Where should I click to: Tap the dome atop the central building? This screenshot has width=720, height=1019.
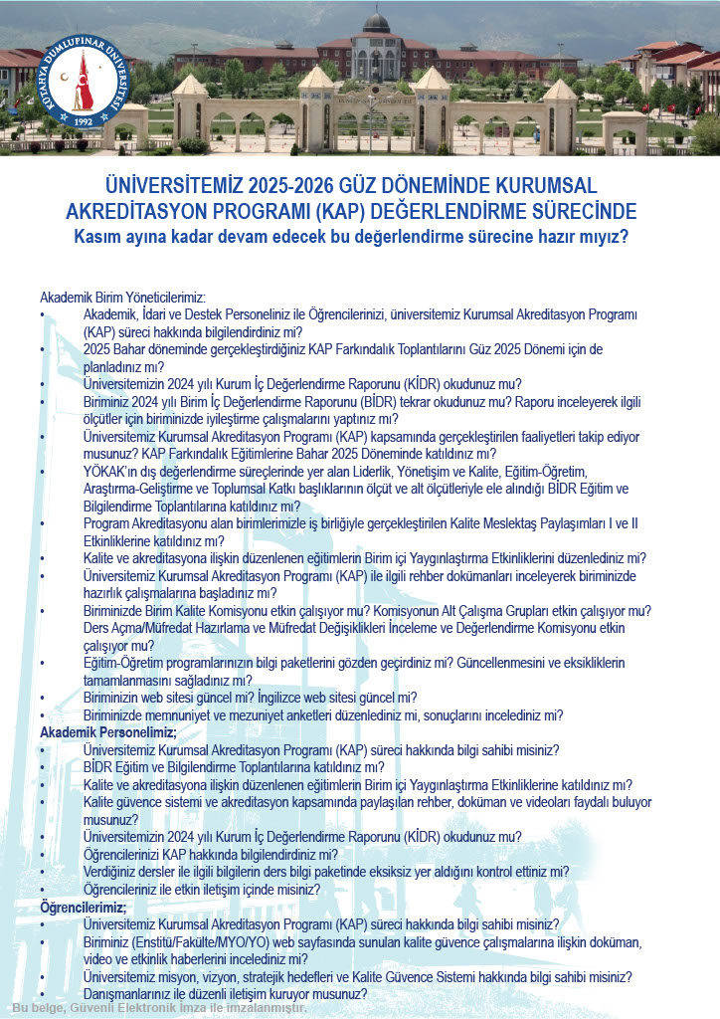376,22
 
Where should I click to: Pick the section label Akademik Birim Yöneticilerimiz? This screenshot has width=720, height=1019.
122,298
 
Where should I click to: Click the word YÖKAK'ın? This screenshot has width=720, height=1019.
113,471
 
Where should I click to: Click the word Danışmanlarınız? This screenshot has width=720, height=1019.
133,993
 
